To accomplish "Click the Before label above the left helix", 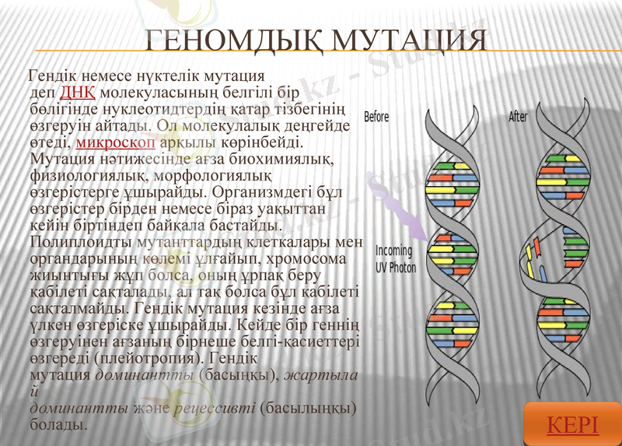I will (376, 117).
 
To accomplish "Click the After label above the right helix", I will (518, 117).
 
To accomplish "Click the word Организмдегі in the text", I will (257, 191).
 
